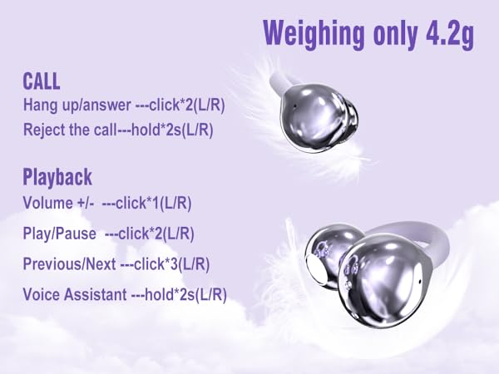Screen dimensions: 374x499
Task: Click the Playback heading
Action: [57, 177]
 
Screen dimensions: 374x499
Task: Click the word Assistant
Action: [89, 294]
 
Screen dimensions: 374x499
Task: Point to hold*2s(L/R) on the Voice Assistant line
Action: [193, 294]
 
